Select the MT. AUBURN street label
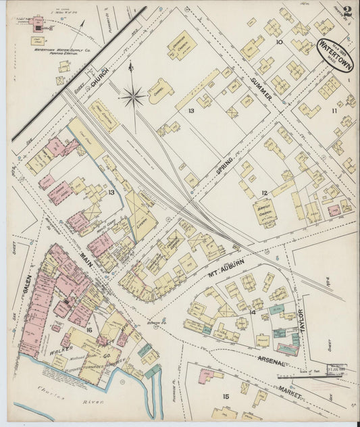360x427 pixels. point(217,260)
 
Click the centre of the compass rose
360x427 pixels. point(133,97)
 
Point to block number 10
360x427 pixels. point(279,42)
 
